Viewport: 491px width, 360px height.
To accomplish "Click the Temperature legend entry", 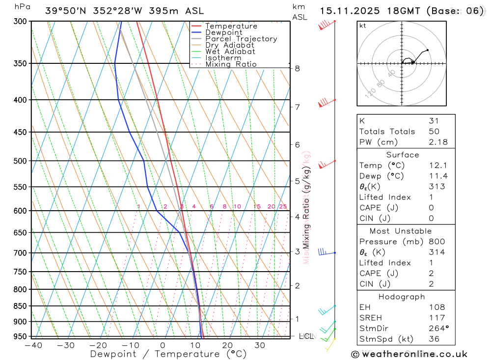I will tap(231, 26).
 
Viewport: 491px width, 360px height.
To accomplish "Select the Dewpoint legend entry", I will tap(223, 32).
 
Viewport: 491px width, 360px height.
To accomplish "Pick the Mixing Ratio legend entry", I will tap(231, 64).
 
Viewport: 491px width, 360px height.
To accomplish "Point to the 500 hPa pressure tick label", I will tap(20, 161).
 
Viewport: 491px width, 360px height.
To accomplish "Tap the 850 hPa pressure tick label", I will tap(20, 306).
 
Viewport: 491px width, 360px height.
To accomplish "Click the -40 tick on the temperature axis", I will tap(33, 345).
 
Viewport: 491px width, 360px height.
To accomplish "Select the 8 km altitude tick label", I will tap(298, 68).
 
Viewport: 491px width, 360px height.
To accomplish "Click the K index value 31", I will tap(434, 121).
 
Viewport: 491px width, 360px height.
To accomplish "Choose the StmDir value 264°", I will tap(438, 328).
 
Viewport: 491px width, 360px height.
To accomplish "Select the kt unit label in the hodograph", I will tap(363, 26).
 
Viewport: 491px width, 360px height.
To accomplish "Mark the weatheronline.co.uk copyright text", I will tap(409, 354).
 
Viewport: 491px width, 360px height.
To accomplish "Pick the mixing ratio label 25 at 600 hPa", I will tap(283, 207).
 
